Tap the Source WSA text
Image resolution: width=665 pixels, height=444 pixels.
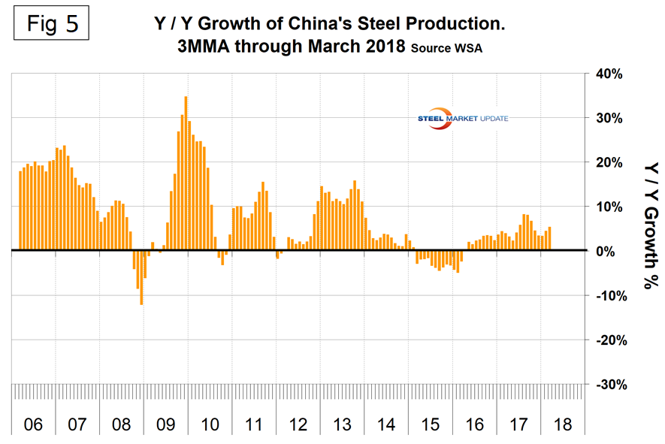pos(447,49)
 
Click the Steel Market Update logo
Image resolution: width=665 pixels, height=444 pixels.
pos(462,119)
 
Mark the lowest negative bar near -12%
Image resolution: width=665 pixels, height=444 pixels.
pos(141,277)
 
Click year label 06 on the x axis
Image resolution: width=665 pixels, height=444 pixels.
pos(32,424)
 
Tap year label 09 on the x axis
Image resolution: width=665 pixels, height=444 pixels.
pos(165,424)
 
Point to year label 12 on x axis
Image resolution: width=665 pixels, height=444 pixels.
pos(298,424)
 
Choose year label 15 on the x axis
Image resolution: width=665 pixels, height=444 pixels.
pos(430,424)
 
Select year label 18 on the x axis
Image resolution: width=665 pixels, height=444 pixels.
pos(561,424)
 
